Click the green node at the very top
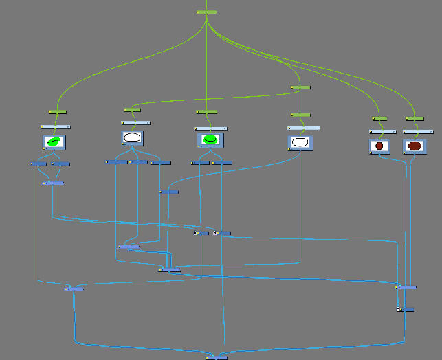(x=207, y=12)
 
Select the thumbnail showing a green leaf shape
(x=54, y=142)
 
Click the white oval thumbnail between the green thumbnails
(x=133, y=138)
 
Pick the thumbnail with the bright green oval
(x=210, y=139)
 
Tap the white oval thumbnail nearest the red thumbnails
(x=300, y=142)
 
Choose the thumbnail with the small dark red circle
(x=379, y=146)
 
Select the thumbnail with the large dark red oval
(x=414, y=146)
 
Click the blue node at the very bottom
(x=217, y=357)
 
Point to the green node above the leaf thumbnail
(x=57, y=111)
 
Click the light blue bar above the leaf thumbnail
(x=56, y=126)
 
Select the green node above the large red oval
(x=415, y=119)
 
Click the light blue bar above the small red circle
(x=382, y=131)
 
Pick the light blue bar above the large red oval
(x=418, y=131)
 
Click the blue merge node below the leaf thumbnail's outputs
(x=53, y=183)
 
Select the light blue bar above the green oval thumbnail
(x=210, y=128)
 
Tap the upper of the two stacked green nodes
(x=300, y=87)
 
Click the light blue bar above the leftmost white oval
(x=137, y=122)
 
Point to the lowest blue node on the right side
(x=406, y=309)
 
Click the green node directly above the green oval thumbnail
(x=206, y=111)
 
